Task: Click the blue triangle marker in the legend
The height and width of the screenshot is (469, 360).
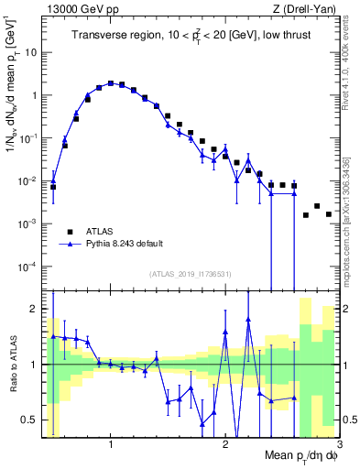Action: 69,245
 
